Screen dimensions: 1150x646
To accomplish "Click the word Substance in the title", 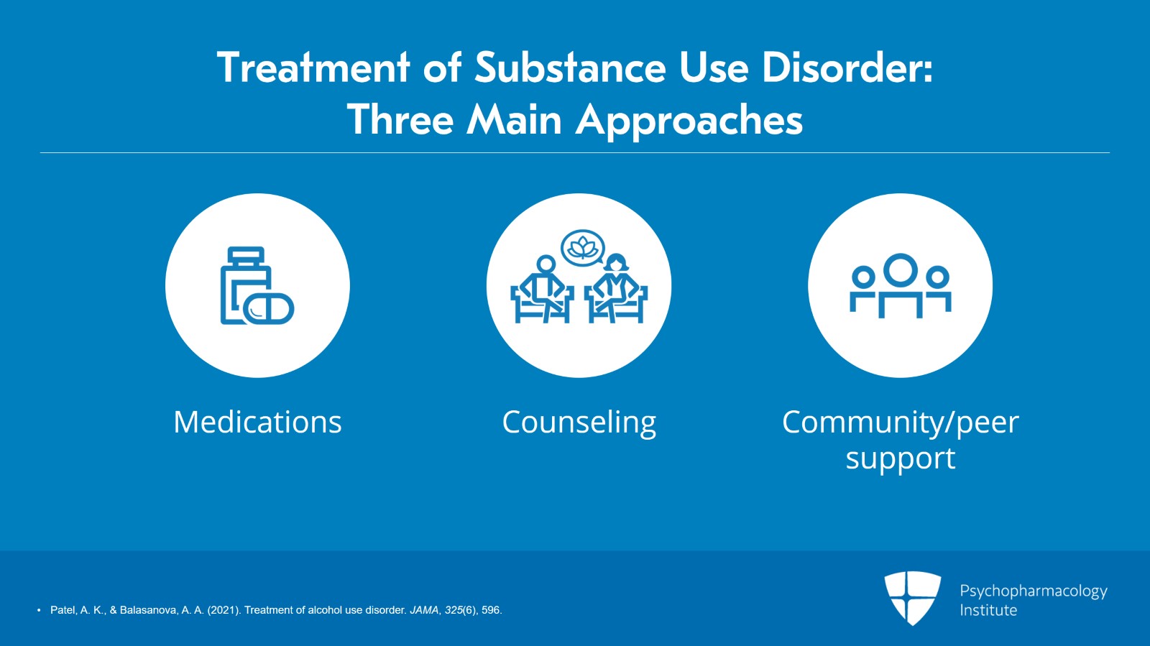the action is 571,68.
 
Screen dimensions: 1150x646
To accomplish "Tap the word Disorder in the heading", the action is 847,68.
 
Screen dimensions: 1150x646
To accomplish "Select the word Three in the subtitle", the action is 400,119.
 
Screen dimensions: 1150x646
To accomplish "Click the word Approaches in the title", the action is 689,121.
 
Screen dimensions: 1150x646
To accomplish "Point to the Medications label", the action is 258,422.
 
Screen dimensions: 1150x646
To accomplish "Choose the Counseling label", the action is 579,423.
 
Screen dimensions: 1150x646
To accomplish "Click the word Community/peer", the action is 901,423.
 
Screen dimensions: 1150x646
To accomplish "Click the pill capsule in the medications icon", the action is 268,309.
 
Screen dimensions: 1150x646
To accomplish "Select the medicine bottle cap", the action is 246,256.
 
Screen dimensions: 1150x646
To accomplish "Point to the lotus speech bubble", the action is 583,248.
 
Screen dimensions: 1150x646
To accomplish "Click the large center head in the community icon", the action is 901,270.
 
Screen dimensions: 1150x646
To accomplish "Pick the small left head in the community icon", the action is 863,277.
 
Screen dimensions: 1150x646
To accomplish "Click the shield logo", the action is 912,598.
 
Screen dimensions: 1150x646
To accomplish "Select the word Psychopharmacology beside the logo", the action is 1034,591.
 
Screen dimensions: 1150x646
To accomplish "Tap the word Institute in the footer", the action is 988,610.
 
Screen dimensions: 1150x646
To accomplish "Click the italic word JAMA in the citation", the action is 424,610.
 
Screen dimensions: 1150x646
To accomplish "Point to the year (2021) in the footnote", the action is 224,610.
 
